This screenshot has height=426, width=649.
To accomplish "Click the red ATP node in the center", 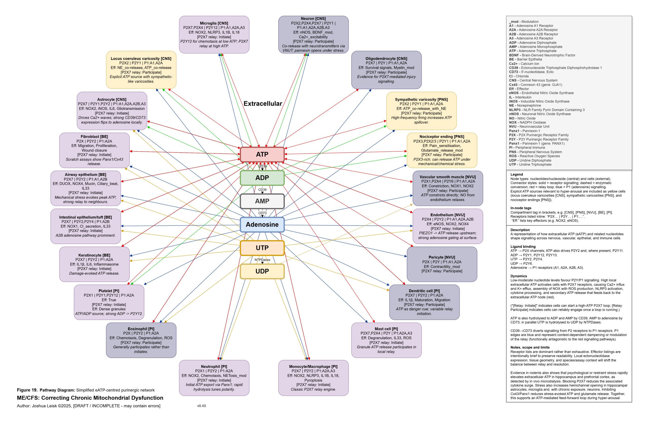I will point(262,154).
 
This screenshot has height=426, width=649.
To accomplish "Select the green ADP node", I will point(262,178).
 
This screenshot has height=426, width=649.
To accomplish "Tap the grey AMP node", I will point(262,201).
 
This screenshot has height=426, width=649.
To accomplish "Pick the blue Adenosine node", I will point(262,224).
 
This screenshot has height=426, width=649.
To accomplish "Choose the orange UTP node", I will point(262,248).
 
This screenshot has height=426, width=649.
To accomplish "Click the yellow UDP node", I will point(262,271).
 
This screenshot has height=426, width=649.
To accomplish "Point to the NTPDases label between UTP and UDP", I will point(262,260).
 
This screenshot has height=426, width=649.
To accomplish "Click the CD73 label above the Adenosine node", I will point(262,213).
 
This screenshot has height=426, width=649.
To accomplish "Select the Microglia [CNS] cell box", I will point(214,35).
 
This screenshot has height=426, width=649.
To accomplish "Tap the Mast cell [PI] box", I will point(386,340).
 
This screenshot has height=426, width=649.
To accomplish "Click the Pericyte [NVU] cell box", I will point(442,264).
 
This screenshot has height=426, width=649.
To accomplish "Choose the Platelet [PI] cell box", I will point(109,302).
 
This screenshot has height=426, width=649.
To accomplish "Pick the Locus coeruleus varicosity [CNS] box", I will point(141,70).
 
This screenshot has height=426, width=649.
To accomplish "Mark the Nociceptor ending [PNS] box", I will point(442,150).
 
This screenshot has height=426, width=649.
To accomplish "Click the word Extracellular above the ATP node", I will point(263,104).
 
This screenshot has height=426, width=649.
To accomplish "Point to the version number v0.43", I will point(202,406).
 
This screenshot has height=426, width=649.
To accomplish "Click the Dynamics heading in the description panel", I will point(519,276).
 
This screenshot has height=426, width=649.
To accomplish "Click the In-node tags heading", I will point(520,208).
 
